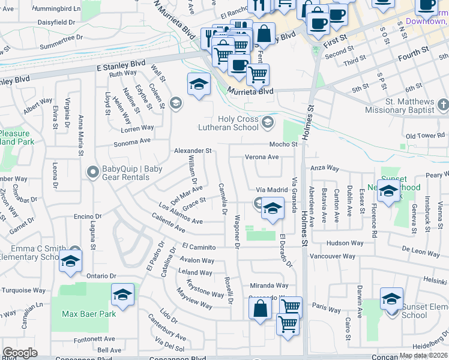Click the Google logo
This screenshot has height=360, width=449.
click(20, 353)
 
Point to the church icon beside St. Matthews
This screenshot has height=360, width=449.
click(443, 106)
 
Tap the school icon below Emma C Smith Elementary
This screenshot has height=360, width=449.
click(70, 262)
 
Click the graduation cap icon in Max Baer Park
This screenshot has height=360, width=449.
click(122, 295)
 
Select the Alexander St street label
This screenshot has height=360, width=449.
click(193, 151)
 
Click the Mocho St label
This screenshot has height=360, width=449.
click(283, 145)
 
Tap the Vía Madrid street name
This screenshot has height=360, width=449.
click(273, 190)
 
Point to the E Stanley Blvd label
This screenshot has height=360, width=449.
click(121, 62)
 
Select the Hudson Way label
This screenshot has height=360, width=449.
click(345, 243)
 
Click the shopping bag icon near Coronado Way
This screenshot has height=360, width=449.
click(260, 309)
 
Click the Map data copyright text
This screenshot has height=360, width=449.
click(421, 356)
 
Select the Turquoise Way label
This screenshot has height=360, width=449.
click(23, 290)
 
